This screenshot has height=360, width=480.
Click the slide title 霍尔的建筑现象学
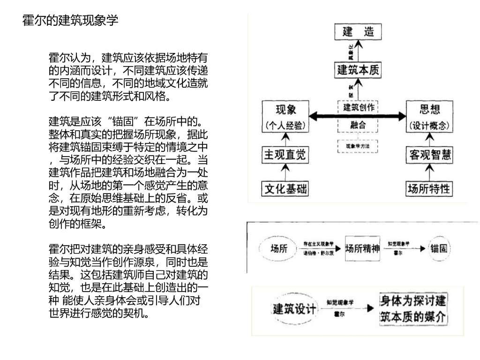tap(70, 21)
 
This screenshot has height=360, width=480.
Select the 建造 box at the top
tap(358, 33)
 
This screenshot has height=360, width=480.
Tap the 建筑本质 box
tap(358, 70)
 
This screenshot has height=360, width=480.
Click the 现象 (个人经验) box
tap(285, 116)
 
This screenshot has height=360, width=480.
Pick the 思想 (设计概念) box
tap(429, 116)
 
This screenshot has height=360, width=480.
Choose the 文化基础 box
tap(285, 189)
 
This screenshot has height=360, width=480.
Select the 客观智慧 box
tap(429, 155)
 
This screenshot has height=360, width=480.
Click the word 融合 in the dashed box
tap(358, 125)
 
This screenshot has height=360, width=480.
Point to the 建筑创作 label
tap(358, 107)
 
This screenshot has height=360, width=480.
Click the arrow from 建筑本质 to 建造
tap(358, 50)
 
